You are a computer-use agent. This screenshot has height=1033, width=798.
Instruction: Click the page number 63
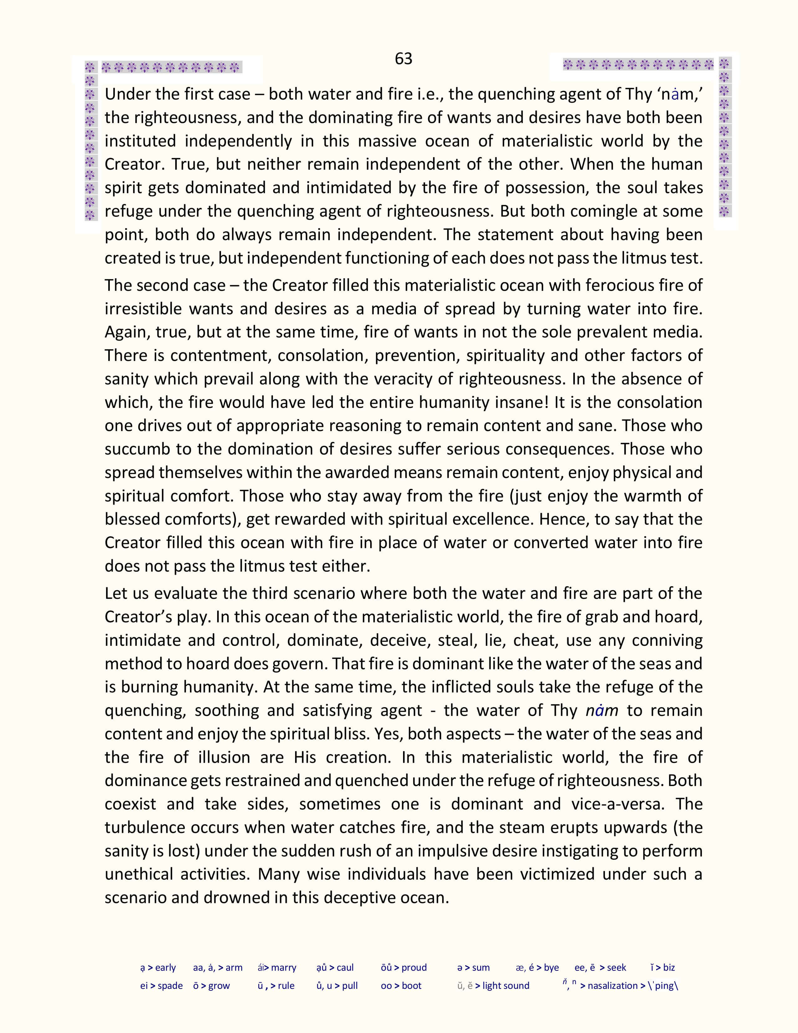point(403,58)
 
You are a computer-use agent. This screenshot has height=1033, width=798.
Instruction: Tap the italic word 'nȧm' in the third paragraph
point(601,711)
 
